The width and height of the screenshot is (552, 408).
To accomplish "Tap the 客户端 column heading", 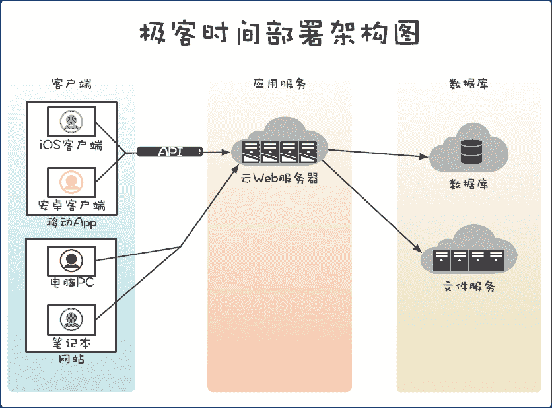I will pos(71,85).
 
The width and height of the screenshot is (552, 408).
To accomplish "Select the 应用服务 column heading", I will pos(279,85).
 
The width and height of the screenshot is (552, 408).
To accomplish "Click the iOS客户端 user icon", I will pos(71,121).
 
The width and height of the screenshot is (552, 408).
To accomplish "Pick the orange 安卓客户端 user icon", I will pos(71,181).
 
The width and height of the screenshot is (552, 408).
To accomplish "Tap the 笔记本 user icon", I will pos(71,320).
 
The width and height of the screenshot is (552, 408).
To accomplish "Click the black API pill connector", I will pos(170,152).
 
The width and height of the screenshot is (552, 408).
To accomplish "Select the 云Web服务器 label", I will pos(279,178).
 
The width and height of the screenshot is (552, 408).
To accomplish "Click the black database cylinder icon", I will pos(470,151).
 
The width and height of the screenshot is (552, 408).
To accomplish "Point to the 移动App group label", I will pos(71,222).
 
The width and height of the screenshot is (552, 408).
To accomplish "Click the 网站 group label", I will pos(71,360).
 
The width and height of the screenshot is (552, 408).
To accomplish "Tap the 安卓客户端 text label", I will pos(71,205).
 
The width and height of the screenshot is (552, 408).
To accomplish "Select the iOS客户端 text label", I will pos(71,145).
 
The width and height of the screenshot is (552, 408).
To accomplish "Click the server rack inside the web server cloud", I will pos(279,151).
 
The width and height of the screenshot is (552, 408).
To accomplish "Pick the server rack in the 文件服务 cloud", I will pos(469,261).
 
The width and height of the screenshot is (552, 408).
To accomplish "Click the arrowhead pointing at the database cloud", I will pos(425,157).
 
